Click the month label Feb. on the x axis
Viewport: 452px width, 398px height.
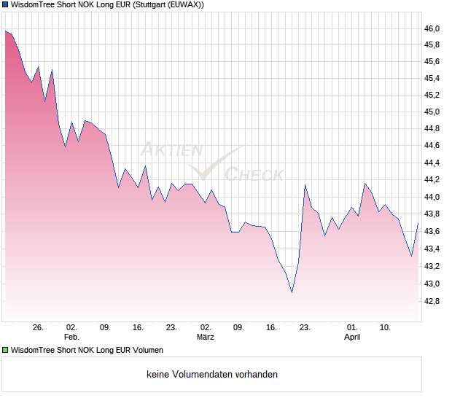[x=71, y=337]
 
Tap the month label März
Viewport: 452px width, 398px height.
[x=206, y=337]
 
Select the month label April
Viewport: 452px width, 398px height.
[x=352, y=337]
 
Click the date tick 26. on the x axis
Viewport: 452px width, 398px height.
[x=39, y=328]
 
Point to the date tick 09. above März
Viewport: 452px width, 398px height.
[x=238, y=328]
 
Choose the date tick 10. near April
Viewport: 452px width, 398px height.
[x=386, y=328]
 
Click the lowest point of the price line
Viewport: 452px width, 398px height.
[x=292, y=292]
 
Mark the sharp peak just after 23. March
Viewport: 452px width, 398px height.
[x=305, y=186]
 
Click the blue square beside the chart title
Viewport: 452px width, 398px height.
[x=5, y=5]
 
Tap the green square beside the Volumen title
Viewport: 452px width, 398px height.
[x=5, y=350]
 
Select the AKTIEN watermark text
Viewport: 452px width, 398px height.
[x=171, y=150]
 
